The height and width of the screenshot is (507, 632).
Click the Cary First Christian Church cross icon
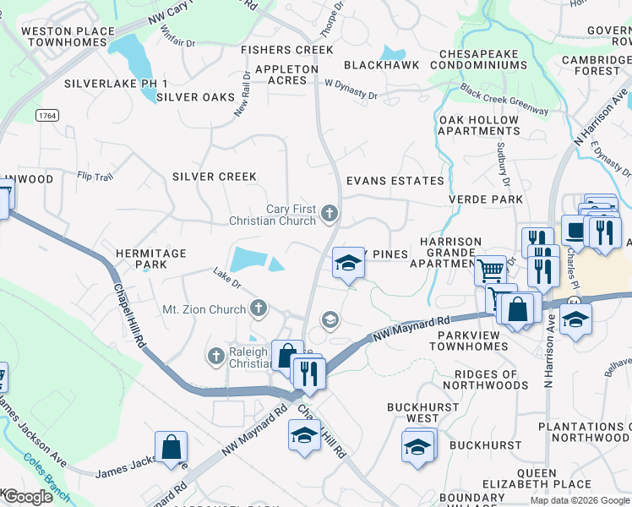click(330, 215)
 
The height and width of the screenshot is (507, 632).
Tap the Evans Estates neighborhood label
click(395, 181)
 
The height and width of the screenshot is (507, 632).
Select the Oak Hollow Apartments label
click(479, 125)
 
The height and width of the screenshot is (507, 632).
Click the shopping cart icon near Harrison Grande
click(490, 271)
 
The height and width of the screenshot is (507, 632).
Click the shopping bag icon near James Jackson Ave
click(171, 446)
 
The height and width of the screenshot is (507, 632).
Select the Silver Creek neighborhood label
click(214, 176)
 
